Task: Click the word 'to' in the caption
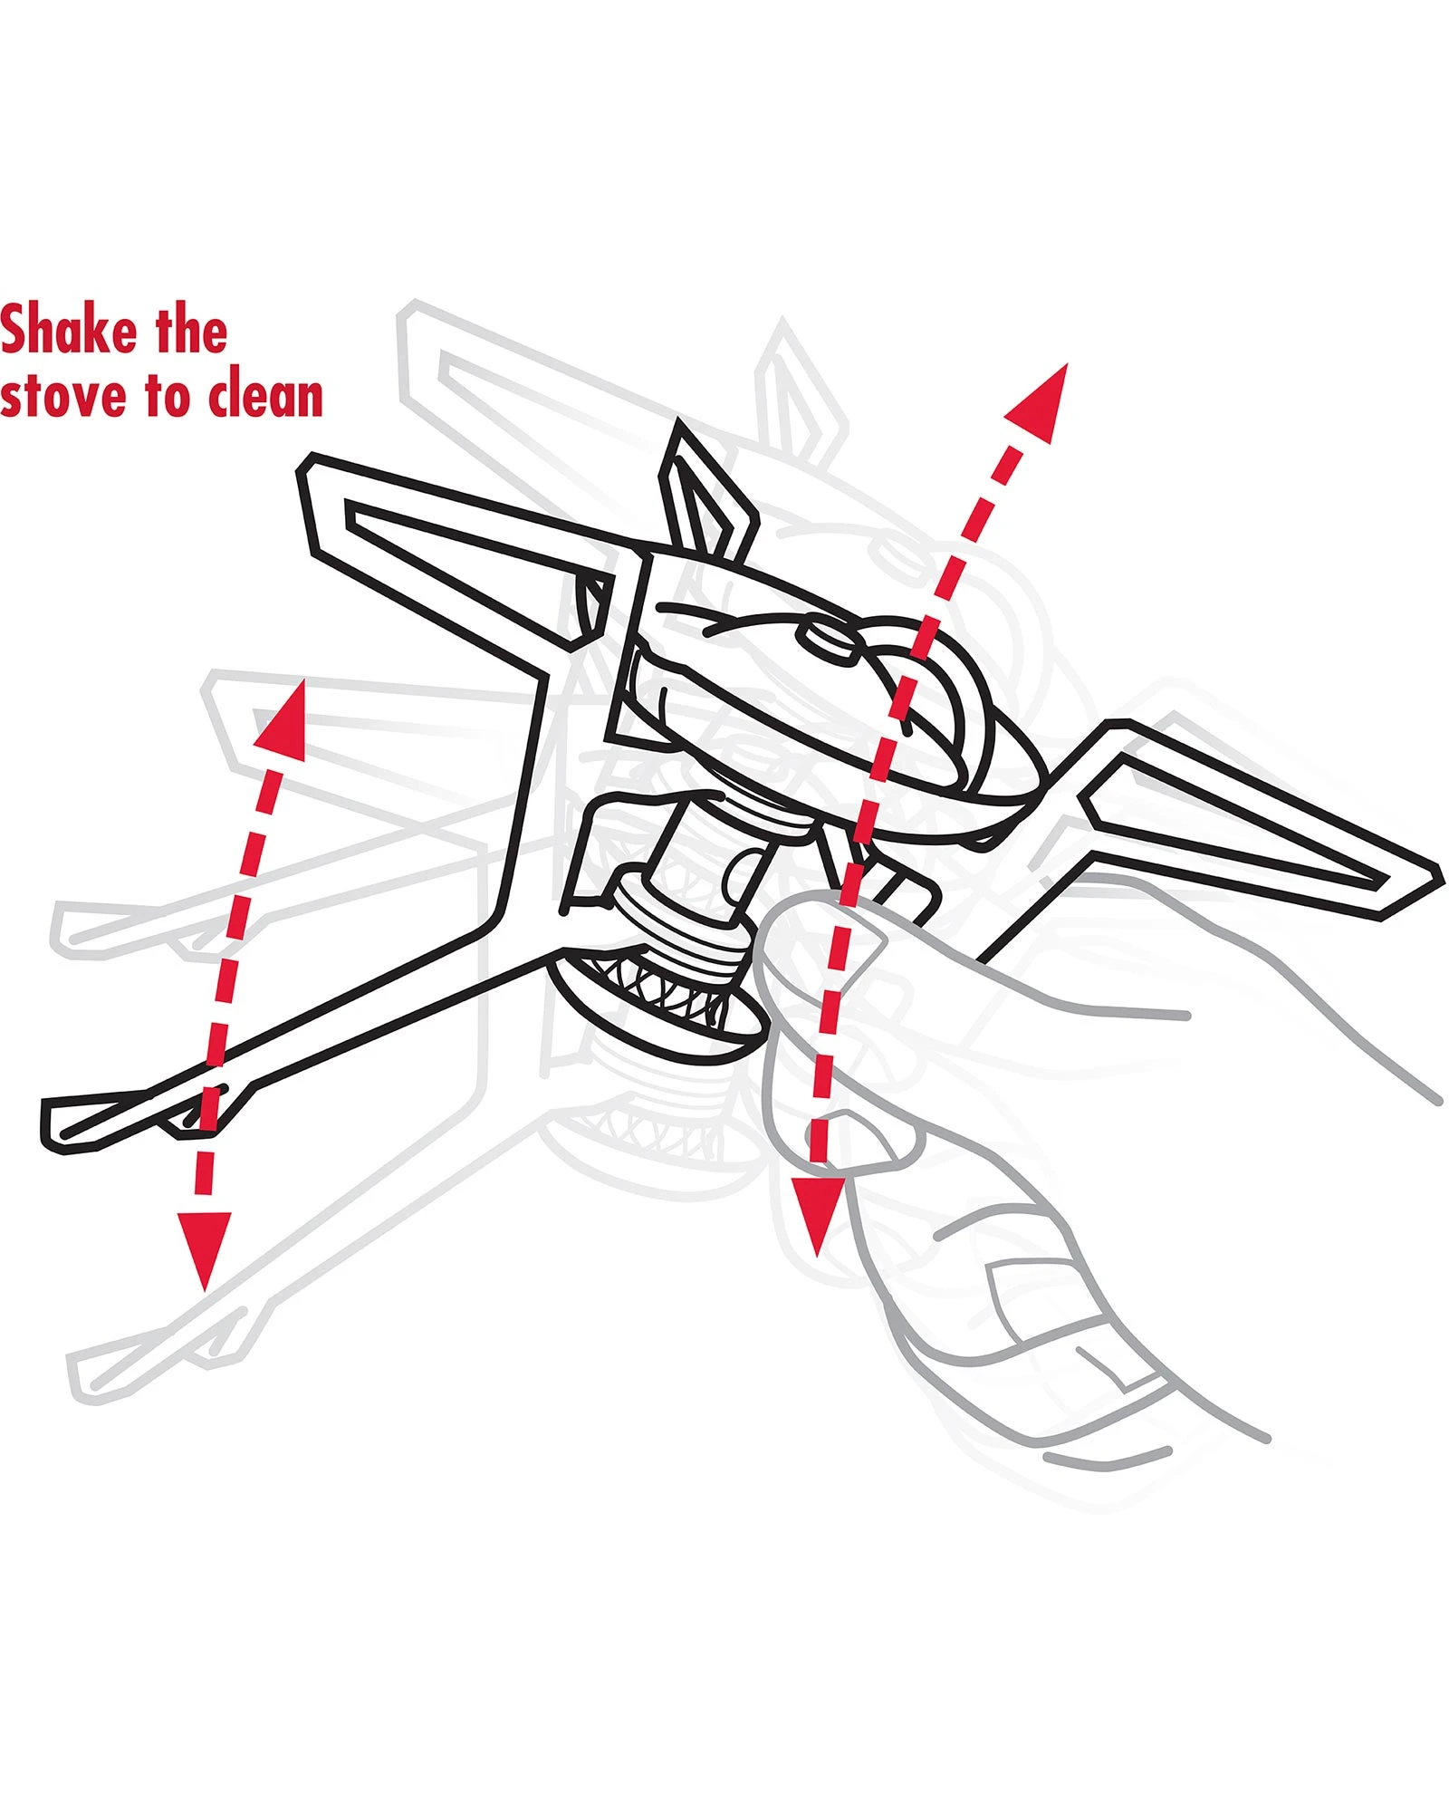[168, 397]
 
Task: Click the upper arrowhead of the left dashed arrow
[283, 721]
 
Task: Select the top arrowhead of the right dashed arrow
[1042, 402]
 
